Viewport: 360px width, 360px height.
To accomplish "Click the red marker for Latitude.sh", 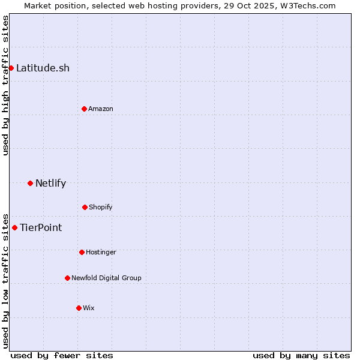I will click(x=11, y=68).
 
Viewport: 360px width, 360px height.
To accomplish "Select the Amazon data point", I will click(x=84, y=109).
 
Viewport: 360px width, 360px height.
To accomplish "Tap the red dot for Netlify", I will click(x=30, y=183).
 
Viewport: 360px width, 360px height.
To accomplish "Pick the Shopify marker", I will click(x=85, y=207).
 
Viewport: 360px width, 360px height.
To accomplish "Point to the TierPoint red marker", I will click(x=14, y=227).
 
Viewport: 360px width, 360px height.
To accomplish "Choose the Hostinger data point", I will click(x=82, y=252).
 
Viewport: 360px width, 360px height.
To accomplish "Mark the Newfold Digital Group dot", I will click(x=67, y=278).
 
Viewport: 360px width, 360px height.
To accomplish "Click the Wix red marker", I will click(x=79, y=308).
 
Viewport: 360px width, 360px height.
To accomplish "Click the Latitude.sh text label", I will click(x=43, y=68).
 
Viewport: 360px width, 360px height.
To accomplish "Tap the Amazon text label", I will click(x=101, y=109).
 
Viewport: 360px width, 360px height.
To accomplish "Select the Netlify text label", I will click(x=50, y=183).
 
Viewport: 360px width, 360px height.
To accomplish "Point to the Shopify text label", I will click(x=101, y=207).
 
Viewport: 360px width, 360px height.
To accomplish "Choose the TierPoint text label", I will click(x=41, y=227).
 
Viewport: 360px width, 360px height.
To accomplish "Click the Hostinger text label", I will click(x=101, y=252).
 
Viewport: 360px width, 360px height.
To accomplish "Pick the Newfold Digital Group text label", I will click(x=106, y=278).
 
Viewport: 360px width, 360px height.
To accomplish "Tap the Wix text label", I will click(x=89, y=308).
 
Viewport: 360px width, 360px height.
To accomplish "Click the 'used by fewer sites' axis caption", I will click(x=62, y=355).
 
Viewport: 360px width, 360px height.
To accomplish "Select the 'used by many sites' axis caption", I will click(x=301, y=355).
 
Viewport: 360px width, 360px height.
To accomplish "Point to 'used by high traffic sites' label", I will click(x=5, y=85).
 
